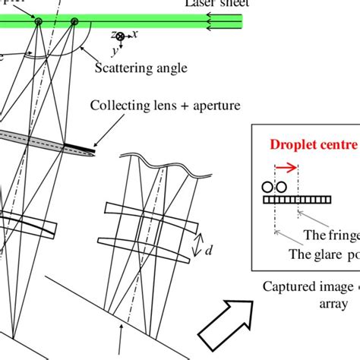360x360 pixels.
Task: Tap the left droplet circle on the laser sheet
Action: (37, 22)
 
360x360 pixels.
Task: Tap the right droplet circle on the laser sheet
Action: (74, 22)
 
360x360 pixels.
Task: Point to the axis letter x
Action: (134, 34)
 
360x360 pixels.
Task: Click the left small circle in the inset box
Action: (267, 187)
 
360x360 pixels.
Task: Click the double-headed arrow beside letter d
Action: (195, 245)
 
